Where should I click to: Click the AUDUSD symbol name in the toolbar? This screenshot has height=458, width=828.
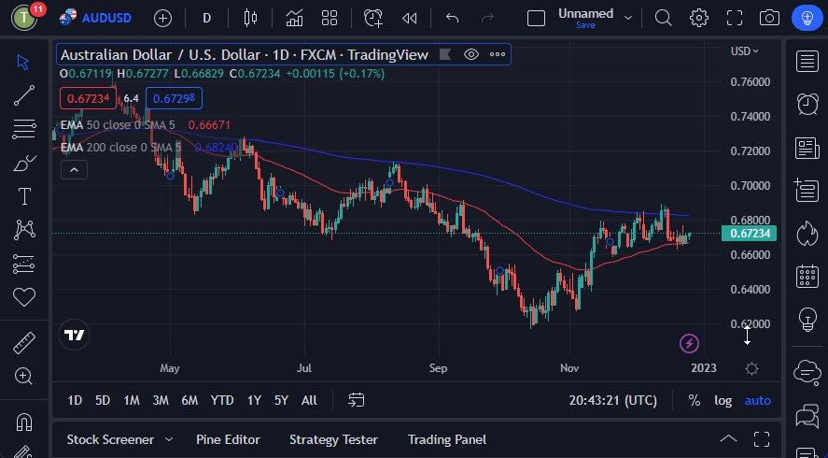point(107,18)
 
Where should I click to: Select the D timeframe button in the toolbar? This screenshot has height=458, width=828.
point(206,18)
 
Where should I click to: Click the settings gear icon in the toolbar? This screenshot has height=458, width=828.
point(699,18)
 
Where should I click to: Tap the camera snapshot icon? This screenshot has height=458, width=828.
point(769,18)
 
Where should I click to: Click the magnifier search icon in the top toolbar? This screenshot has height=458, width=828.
point(663,18)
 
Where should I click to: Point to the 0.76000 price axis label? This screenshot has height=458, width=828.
point(751,81)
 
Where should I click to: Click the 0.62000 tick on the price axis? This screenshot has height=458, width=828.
point(751,323)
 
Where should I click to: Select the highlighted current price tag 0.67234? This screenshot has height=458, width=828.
point(751,233)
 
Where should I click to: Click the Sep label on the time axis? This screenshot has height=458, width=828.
point(439,368)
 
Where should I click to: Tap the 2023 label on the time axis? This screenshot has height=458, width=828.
point(703,368)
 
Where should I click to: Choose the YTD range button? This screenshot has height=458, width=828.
point(222,400)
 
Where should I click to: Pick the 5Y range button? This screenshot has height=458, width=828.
point(281,400)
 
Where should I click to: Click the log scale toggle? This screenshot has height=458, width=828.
point(723,400)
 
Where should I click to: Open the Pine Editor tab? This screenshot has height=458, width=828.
point(228,439)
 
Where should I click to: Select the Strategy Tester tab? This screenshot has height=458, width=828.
point(333,439)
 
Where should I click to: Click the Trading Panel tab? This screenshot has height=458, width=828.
point(446,439)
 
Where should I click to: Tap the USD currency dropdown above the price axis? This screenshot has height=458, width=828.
point(744,50)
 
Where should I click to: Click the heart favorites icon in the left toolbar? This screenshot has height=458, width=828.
point(23,297)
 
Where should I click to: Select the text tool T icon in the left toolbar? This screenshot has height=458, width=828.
point(23,196)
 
